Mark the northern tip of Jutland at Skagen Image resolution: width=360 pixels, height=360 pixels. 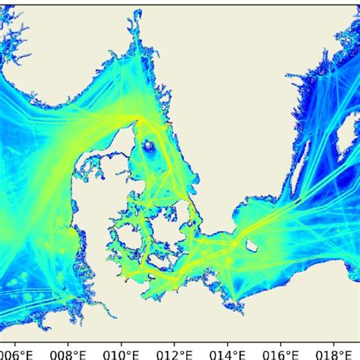pos(140,119)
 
